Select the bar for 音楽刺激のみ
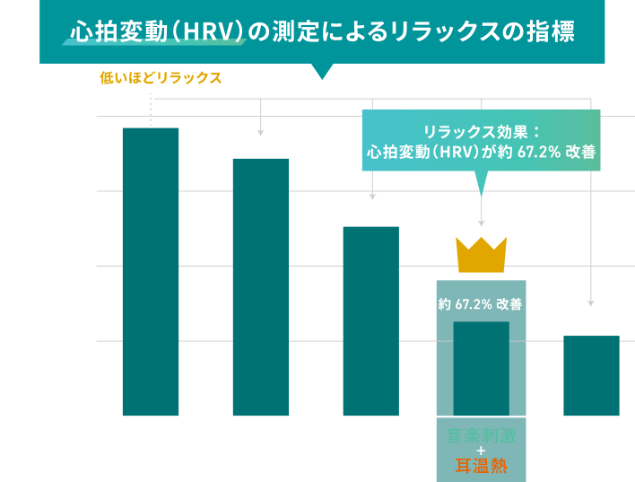point(260,287)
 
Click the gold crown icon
point(482,254)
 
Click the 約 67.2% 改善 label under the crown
point(481,304)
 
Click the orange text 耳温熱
point(481,465)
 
